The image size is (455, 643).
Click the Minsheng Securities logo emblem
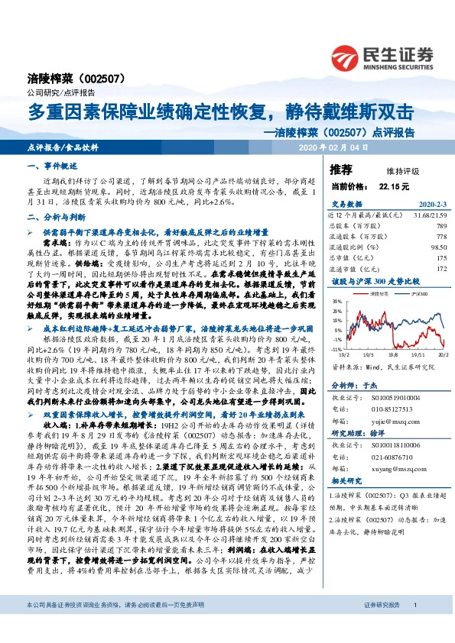coord(346,55)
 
